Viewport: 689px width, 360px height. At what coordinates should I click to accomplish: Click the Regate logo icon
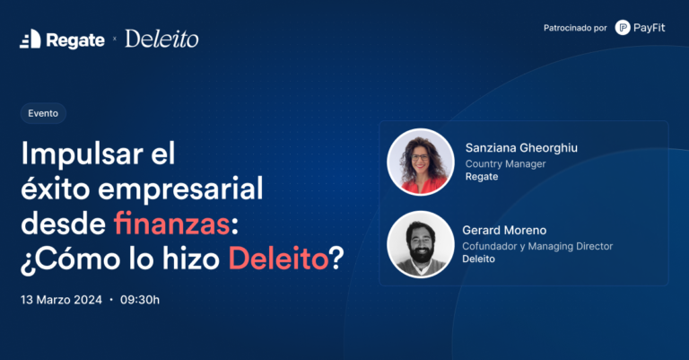click(31, 40)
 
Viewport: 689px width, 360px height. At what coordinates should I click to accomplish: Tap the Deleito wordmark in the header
click(161, 39)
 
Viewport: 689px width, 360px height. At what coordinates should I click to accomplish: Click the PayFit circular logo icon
click(623, 28)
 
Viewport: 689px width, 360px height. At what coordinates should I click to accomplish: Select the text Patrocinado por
click(575, 28)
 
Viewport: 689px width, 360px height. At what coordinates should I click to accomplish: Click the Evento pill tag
click(43, 113)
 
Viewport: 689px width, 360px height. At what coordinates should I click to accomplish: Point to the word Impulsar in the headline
click(83, 154)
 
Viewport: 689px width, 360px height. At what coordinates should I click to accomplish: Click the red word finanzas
click(172, 224)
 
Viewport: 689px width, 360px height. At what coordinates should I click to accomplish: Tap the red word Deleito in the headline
click(279, 259)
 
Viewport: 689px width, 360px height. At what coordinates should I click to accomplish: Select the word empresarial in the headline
click(180, 190)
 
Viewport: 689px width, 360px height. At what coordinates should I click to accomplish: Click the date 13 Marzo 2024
click(61, 300)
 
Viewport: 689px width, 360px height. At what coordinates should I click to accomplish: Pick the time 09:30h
click(140, 300)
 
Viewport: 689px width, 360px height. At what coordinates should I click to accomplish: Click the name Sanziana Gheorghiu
click(521, 148)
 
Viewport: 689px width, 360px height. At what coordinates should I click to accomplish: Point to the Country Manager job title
click(505, 164)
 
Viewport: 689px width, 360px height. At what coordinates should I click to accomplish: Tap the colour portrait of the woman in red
click(421, 162)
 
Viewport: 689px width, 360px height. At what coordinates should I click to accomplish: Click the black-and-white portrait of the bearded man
click(421, 244)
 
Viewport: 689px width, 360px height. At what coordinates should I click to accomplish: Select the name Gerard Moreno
click(504, 231)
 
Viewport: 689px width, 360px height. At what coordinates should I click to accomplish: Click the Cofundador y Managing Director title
click(537, 246)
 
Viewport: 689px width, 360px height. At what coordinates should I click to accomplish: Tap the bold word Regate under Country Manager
click(482, 177)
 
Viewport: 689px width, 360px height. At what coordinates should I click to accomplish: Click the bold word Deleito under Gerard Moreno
click(478, 259)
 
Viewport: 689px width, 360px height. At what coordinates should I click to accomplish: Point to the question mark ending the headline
click(336, 259)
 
